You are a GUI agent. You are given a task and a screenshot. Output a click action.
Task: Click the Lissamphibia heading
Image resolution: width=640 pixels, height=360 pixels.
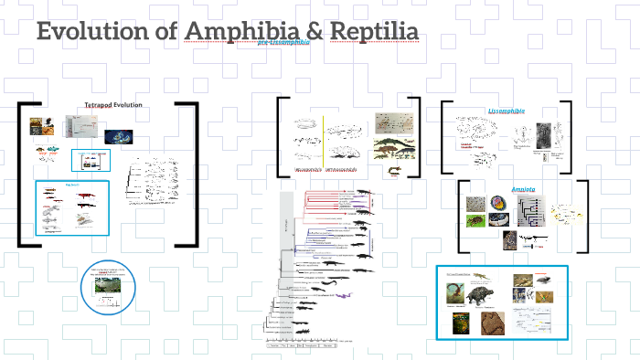(507, 111)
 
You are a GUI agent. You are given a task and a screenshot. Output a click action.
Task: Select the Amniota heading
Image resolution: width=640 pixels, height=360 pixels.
(523, 189)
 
